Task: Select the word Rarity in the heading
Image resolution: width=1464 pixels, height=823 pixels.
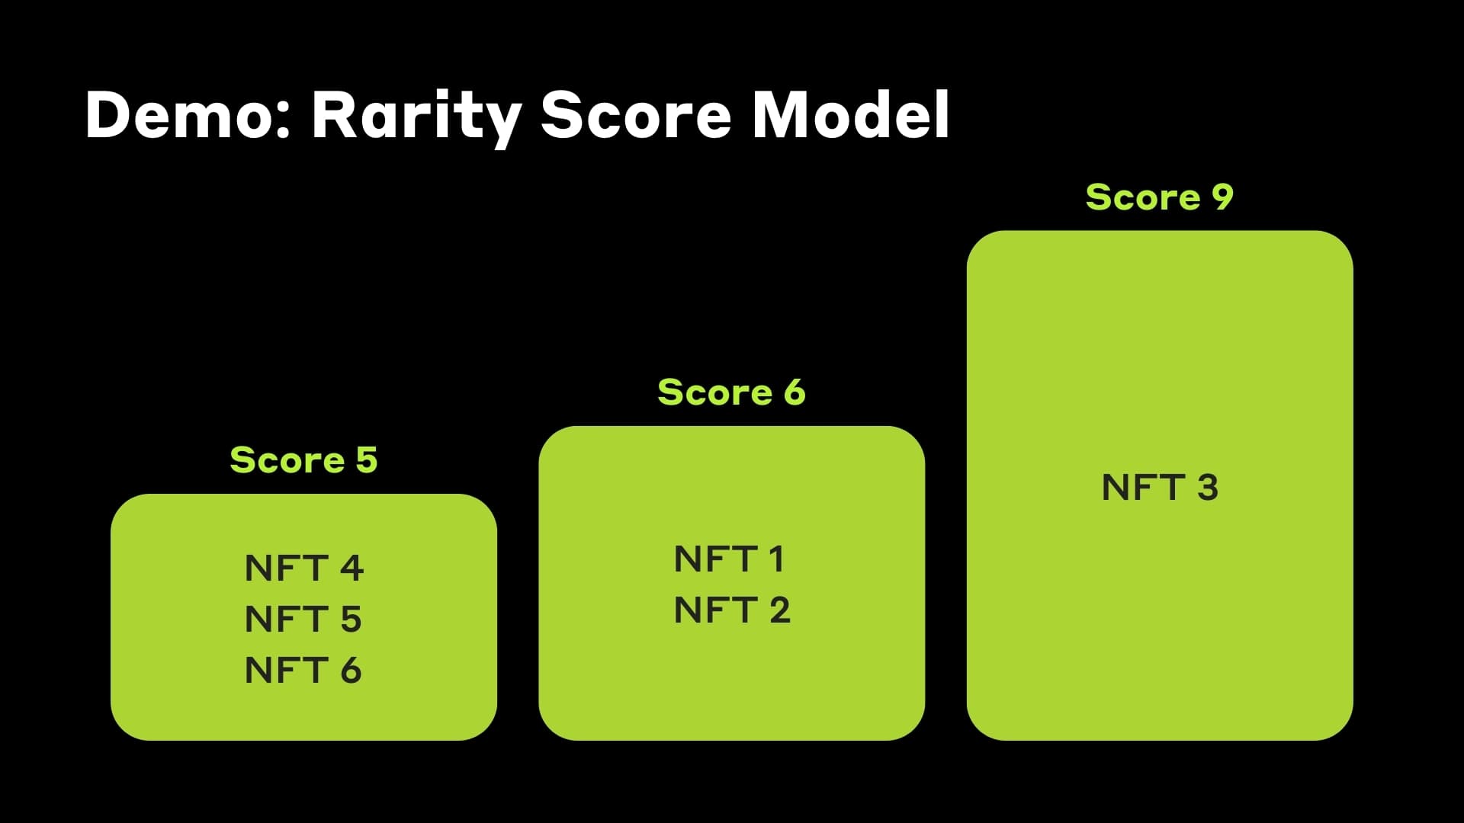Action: tap(416, 116)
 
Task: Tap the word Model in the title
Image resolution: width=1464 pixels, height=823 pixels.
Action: tap(850, 116)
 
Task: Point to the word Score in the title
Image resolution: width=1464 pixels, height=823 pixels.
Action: tap(636, 116)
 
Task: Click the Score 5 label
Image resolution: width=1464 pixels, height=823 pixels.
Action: tap(303, 460)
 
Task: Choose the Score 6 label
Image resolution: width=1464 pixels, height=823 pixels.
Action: tap(731, 392)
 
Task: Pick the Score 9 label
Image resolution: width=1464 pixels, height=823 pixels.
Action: tap(1159, 197)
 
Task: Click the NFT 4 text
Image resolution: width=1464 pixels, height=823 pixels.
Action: tap(303, 568)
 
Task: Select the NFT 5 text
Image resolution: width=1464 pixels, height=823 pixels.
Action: tap(303, 620)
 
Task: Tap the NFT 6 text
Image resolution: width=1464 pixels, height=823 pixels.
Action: tap(303, 671)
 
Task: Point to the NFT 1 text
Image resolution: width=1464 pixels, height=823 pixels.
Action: tap(730, 559)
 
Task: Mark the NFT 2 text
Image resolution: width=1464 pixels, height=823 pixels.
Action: tap(732, 610)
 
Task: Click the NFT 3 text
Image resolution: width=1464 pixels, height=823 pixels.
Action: tap(1160, 488)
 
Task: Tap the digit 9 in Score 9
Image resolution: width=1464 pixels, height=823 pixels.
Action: tap(1222, 197)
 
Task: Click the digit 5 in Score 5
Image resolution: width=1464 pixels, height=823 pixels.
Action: tap(367, 460)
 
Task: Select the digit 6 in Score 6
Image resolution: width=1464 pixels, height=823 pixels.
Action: tap(795, 392)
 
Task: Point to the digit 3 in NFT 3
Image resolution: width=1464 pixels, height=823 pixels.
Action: tap(1208, 488)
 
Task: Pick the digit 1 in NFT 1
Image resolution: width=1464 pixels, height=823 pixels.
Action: tap(776, 559)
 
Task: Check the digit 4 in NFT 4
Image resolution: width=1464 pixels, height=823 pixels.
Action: tap(352, 568)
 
